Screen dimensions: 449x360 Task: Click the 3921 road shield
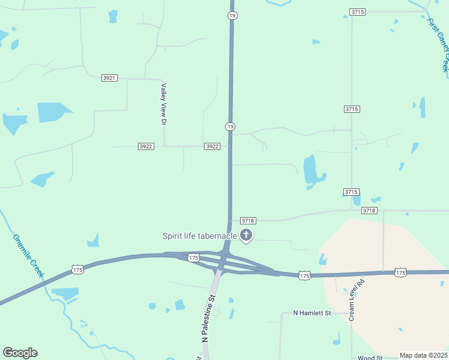(109, 78)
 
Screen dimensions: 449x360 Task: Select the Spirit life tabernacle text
(199, 236)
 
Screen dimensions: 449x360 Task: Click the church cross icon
(246, 235)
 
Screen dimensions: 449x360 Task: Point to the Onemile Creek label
(28, 255)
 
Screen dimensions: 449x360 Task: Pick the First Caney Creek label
(438, 44)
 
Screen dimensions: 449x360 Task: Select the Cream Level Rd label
(357, 299)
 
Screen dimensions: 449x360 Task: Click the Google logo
(20, 353)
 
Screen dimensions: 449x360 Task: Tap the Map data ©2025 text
(423, 355)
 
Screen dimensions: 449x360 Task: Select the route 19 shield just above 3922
(230, 126)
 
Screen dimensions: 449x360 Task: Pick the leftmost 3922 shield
(146, 146)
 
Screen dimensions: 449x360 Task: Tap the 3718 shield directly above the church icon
(249, 221)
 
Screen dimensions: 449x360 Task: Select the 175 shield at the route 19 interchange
(193, 258)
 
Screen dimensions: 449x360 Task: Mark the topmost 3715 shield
(358, 12)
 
